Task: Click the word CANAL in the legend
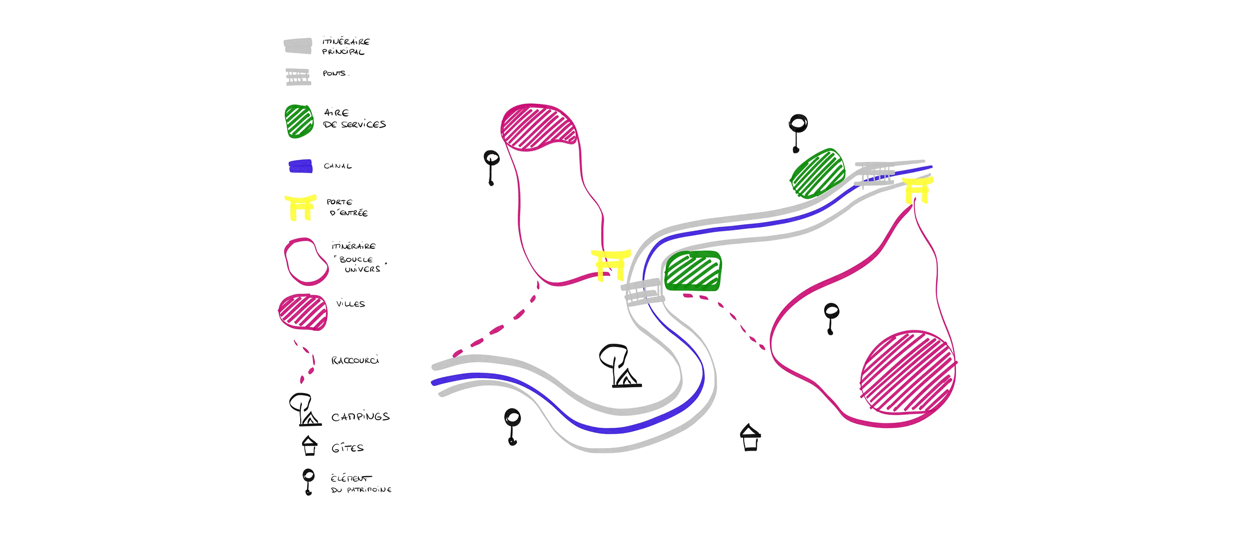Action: click(x=338, y=166)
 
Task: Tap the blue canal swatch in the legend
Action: click(x=301, y=166)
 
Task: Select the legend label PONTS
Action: click(x=335, y=74)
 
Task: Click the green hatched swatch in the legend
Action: click(x=299, y=121)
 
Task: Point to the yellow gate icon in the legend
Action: click(x=300, y=207)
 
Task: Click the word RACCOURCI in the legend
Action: click(x=355, y=361)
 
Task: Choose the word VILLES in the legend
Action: click(x=351, y=304)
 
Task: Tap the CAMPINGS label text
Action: click(x=360, y=417)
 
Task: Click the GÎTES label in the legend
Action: click(x=348, y=448)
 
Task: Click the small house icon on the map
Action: click(x=750, y=437)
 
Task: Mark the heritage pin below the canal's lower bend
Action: click(x=512, y=426)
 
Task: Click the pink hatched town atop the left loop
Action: click(x=539, y=127)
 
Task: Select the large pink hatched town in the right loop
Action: click(x=908, y=372)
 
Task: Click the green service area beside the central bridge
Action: click(x=693, y=271)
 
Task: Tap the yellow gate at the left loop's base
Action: click(x=611, y=265)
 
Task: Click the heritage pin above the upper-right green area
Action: click(x=797, y=132)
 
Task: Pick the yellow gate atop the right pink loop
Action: click(x=918, y=190)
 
